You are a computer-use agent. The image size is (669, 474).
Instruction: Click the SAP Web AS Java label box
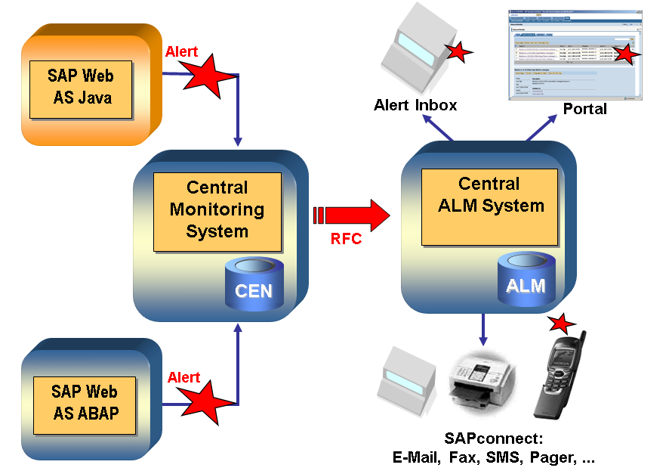[82, 86]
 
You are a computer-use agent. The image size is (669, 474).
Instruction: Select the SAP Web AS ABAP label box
[85, 402]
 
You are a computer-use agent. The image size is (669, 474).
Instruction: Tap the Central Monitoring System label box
[217, 209]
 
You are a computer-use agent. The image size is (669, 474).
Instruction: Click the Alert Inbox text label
[415, 105]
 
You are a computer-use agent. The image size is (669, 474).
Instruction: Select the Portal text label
[584, 109]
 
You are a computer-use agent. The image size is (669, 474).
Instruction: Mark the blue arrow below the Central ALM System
[483, 329]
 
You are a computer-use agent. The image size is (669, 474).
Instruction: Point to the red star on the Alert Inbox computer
[456, 51]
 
